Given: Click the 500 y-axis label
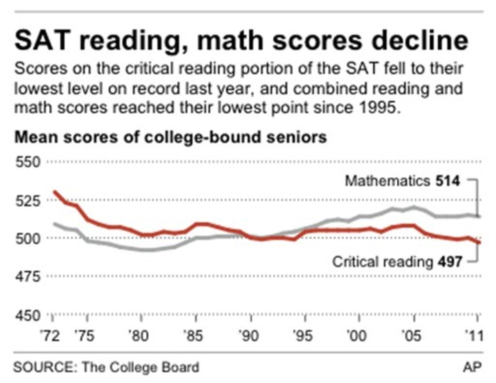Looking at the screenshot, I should pyautogui.click(x=29, y=238).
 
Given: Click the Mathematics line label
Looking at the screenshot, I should pyautogui.click(x=386, y=181).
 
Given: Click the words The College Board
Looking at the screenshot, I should pyautogui.click(x=141, y=368).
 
